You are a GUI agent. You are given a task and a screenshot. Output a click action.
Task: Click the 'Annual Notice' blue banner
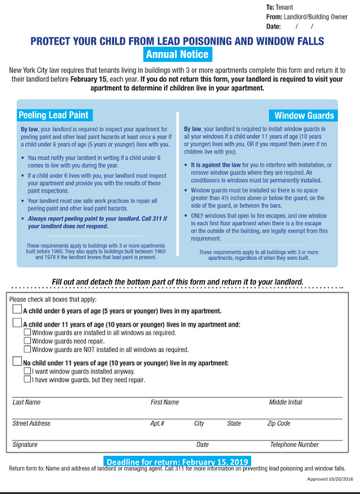(x=176, y=55)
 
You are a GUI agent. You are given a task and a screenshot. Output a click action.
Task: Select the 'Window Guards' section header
(x=303, y=115)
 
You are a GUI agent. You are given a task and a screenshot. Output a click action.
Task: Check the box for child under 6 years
(x=17, y=310)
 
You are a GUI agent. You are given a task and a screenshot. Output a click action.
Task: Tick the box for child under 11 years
(x=17, y=323)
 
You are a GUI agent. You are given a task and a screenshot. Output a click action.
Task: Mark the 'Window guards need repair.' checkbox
(x=28, y=340)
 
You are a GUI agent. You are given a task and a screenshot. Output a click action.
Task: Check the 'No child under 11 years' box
(x=17, y=362)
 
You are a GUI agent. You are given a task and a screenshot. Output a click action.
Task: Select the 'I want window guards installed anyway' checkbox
(x=28, y=370)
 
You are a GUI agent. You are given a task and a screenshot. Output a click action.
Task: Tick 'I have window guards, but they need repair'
(x=28, y=379)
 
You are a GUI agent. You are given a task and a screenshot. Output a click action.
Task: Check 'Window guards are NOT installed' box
(x=28, y=349)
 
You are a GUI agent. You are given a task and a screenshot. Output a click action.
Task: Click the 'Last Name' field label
(x=26, y=401)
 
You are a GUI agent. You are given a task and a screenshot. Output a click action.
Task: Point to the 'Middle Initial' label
(x=285, y=401)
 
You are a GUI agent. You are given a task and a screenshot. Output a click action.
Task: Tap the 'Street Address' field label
(x=32, y=423)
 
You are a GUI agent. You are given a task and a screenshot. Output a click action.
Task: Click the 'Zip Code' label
(x=278, y=423)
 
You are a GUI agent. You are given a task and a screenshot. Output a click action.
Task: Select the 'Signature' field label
(x=25, y=444)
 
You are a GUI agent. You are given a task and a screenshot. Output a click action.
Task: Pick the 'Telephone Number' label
(x=293, y=444)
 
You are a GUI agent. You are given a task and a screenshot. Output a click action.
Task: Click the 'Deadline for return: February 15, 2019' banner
(x=176, y=461)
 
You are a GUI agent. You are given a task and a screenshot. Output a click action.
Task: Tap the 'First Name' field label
(x=165, y=401)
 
